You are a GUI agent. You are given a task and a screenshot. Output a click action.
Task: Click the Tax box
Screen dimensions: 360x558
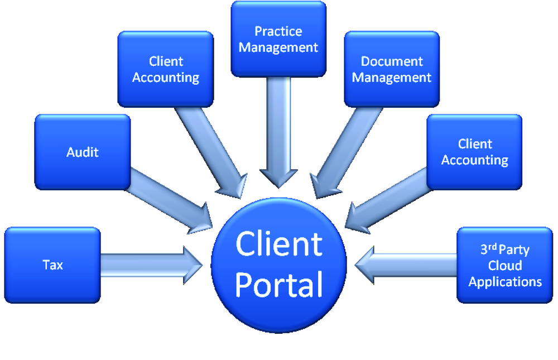[x=52, y=265]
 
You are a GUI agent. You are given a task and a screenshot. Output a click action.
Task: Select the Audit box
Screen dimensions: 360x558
[x=83, y=152]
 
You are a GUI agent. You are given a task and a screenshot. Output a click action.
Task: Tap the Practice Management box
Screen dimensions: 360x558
[x=278, y=39]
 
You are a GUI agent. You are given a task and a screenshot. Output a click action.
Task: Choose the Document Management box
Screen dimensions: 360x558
[x=392, y=69]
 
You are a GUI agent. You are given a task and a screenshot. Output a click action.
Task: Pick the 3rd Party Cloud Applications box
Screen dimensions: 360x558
[x=505, y=265]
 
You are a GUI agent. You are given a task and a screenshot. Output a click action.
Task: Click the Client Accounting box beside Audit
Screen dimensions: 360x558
[x=166, y=69]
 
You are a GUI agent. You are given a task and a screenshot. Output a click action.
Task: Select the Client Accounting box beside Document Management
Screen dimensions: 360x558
[x=475, y=152]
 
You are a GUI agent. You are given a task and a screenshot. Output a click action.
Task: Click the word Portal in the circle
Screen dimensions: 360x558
[x=279, y=284]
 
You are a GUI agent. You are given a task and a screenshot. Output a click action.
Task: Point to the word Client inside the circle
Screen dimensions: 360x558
[x=279, y=244]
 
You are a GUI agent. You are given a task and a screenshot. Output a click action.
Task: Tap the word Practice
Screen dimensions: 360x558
[x=278, y=31]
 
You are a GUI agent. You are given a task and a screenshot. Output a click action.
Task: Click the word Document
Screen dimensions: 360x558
[x=392, y=61]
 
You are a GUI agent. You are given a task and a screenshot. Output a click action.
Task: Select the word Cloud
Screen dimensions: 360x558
[x=505, y=265]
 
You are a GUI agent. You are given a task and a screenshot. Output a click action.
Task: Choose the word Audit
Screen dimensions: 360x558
[x=83, y=152]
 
